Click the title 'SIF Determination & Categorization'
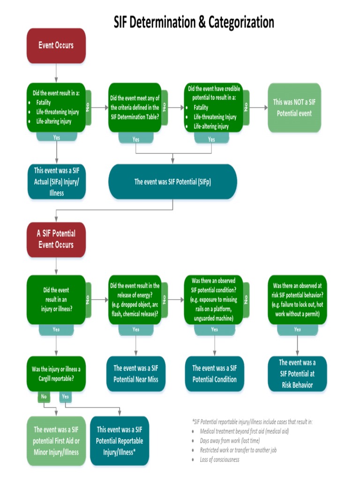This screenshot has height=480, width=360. [194, 22]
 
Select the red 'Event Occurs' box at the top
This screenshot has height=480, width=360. [56, 46]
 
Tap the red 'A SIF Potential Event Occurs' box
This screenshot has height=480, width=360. [56, 239]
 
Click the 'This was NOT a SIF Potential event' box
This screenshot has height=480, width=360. [294, 108]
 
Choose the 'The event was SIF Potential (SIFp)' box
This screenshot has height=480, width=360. [172, 181]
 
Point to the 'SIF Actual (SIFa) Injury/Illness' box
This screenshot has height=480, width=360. [56, 181]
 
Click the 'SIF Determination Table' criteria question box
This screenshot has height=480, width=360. [135, 108]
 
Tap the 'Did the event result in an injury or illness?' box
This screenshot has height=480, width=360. [56, 300]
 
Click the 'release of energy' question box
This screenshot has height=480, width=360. [135, 300]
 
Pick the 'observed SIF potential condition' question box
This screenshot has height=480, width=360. [213, 300]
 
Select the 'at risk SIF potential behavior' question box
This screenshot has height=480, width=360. [297, 300]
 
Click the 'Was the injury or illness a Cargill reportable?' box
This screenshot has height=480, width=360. [56, 374]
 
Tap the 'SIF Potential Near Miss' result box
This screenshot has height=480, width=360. [136, 374]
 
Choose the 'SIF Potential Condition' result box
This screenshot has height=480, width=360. [215, 374]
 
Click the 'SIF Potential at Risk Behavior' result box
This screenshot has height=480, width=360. [297, 374]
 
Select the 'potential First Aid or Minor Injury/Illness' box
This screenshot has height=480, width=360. [56, 441]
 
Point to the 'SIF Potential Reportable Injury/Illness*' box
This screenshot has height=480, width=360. [120, 441]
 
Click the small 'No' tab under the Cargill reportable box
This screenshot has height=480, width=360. [44, 397]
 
